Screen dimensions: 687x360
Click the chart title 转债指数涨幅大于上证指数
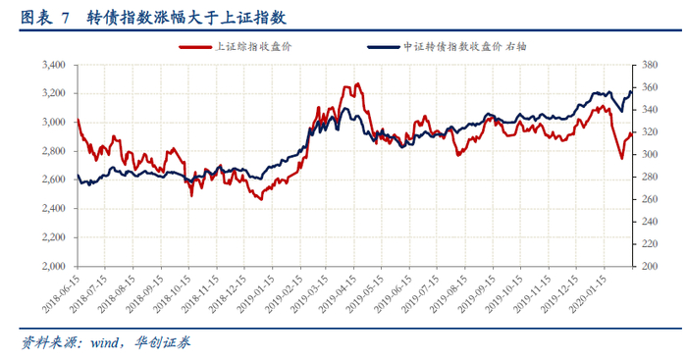(x=186, y=18)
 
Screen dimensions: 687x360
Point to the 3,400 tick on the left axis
(x=53, y=65)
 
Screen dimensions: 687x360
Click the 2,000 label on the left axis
(x=53, y=266)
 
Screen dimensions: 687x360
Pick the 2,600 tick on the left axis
(x=53, y=180)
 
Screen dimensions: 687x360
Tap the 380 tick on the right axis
(x=650, y=65)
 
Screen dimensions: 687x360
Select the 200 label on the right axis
(x=650, y=266)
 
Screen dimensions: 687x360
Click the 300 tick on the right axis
(x=650, y=154)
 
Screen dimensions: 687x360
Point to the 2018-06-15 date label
(x=61, y=293)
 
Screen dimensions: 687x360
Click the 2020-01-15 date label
(x=588, y=293)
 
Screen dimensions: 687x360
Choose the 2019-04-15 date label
(x=338, y=293)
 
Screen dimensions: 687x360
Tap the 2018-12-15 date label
(x=228, y=293)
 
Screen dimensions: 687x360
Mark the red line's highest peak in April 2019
(x=358, y=83)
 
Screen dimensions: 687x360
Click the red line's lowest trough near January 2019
(x=261, y=200)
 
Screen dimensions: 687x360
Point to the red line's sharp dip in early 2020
(x=621, y=159)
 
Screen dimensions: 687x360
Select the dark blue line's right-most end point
(x=631, y=91)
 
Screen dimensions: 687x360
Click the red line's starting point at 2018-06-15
(x=78, y=119)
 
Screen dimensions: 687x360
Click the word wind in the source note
(x=104, y=343)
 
